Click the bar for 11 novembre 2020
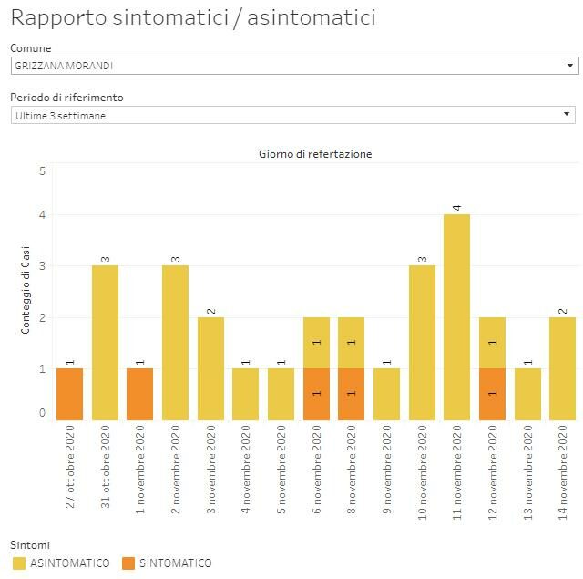coord(456,317)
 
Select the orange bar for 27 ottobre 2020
coord(70,394)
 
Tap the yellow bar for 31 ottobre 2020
coord(105,343)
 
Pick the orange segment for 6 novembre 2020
coord(316,394)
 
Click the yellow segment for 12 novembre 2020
coord(492,343)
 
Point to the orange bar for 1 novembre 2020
coord(140,394)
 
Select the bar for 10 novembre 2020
coord(422,343)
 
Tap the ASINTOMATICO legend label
coord(69,563)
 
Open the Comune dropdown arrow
coord(569,66)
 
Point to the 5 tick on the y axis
coord(42,171)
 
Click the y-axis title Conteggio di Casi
coord(26,289)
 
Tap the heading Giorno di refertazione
coord(315,154)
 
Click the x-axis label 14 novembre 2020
coord(563,470)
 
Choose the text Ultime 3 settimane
coord(60,115)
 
